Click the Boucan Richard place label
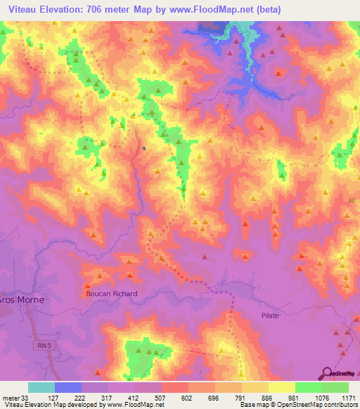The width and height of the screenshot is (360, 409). coord(111,294)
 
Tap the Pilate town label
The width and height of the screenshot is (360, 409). coord(269,316)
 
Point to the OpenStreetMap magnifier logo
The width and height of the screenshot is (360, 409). coord(328,374)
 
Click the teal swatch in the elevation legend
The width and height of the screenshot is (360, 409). coord(41,387)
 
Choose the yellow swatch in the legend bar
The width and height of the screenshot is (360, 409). coord(281,387)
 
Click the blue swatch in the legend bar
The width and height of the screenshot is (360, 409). coord(68,387)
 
